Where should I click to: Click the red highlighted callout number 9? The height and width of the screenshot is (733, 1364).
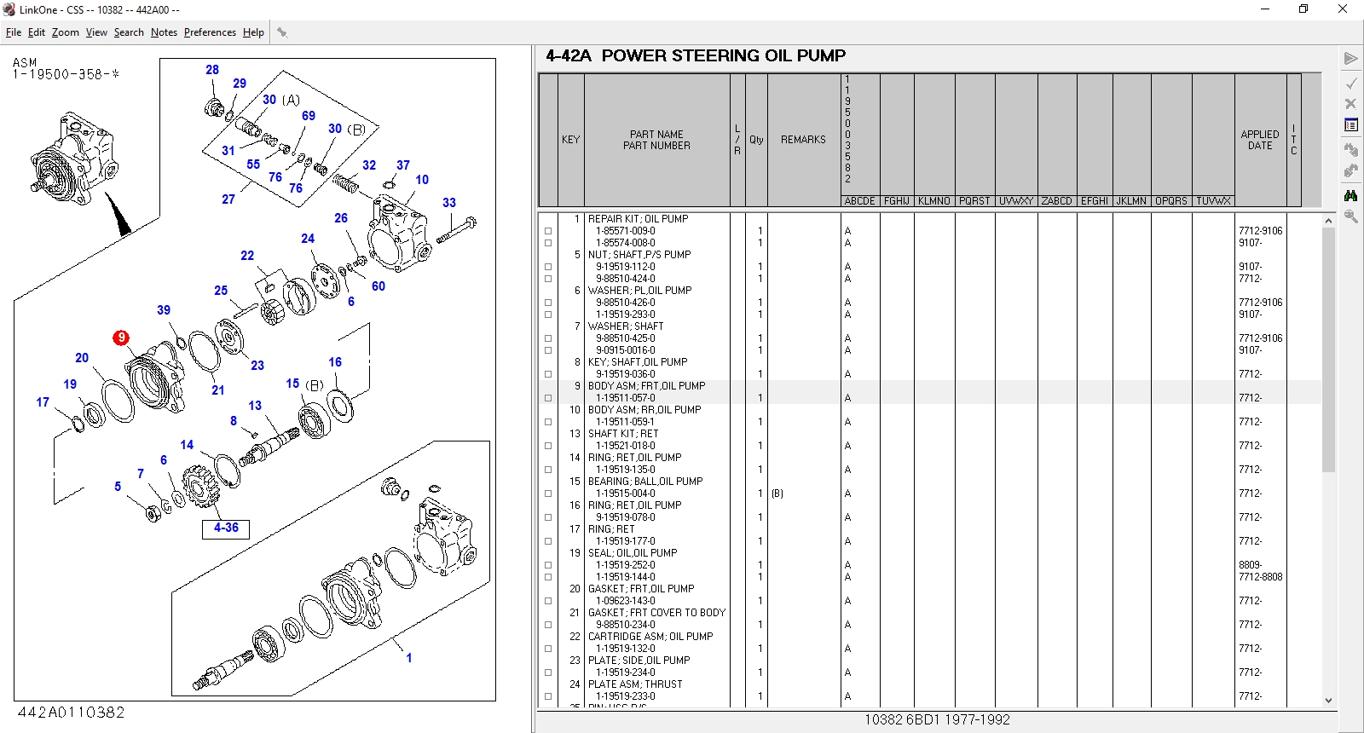click(121, 338)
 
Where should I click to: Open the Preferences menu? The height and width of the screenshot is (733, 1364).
click(210, 32)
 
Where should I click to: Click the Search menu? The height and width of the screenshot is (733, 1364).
click(129, 32)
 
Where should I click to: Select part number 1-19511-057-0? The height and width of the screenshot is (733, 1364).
click(625, 398)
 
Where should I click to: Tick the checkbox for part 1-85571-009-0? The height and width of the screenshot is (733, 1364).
click(548, 231)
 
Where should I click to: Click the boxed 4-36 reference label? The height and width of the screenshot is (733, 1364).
click(226, 528)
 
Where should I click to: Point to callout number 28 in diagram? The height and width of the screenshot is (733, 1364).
click(212, 70)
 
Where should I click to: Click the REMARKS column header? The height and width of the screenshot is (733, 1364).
click(803, 140)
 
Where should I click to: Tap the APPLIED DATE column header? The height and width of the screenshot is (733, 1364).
click(1259, 140)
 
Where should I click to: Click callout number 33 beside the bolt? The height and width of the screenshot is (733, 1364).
click(449, 203)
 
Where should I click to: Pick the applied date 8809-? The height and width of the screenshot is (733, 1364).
click(1250, 565)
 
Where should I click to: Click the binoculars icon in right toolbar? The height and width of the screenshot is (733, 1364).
click(1350, 195)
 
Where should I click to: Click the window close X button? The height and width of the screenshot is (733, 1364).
click(1342, 9)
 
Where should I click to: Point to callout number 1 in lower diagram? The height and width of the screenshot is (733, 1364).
click(409, 658)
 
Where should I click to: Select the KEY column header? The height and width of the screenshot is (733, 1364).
click(570, 140)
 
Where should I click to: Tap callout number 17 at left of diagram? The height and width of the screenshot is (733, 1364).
click(43, 402)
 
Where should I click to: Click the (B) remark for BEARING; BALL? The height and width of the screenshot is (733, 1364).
click(777, 493)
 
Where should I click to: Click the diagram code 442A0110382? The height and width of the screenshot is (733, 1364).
click(71, 713)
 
